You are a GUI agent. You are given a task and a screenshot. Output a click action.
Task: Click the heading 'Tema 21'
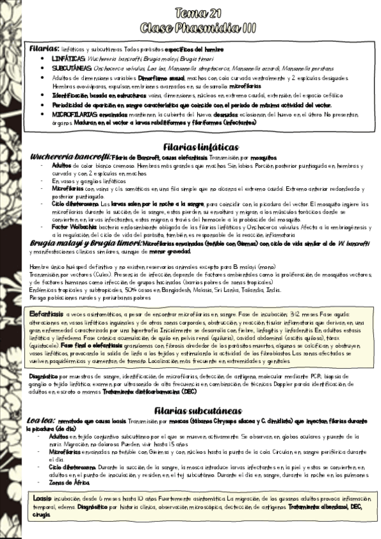coord(198,13)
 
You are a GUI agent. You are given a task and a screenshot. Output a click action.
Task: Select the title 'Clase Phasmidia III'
coord(198,27)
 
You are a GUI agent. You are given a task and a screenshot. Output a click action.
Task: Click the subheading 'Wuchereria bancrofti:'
coord(69,156)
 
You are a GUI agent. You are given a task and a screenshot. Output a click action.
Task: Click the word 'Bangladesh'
coord(179,290)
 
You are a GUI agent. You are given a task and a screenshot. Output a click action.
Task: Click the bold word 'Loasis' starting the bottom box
coord(43,498)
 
